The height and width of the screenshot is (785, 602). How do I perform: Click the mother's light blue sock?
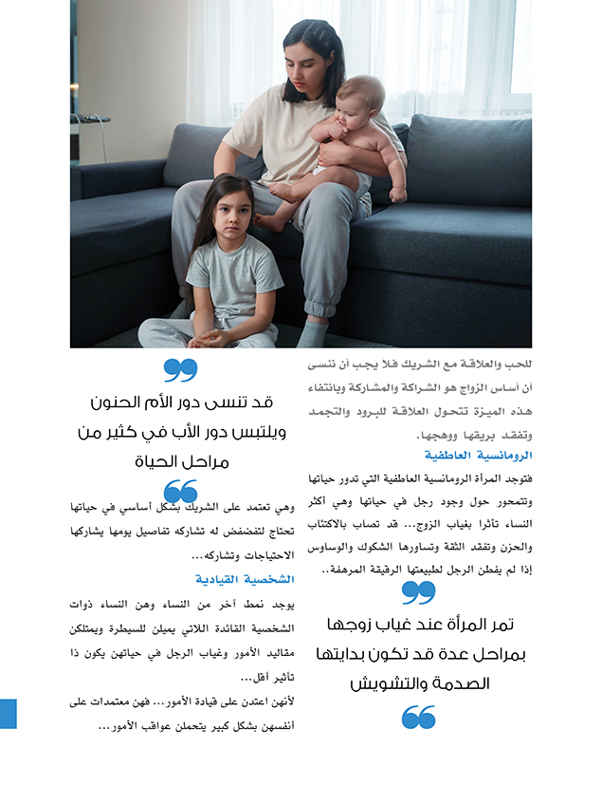[311, 333]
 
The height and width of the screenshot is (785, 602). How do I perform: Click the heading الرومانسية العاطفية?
[489, 457]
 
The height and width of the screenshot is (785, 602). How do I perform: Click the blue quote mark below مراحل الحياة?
[180, 491]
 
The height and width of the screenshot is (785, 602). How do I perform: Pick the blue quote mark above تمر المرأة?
[418, 592]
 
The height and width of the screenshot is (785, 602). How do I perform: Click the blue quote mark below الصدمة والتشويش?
[418, 717]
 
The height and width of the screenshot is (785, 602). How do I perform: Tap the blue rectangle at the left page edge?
[8, 713]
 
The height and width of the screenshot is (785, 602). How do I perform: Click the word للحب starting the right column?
[515, 364]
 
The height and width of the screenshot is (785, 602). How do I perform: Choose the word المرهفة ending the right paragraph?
[352, 570]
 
